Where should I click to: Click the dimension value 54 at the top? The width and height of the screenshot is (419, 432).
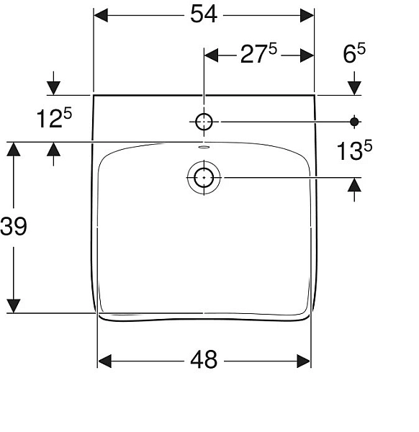tap(205, 15)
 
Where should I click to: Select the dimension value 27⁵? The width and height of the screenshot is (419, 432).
tap(258, 55)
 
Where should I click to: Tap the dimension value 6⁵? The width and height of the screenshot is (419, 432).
tap(354, 55)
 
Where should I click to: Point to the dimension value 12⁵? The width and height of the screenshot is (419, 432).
tap(55, 118)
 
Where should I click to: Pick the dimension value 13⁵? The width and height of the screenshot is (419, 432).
tap(354, 150)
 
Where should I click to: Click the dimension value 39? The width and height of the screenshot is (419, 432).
tap(14, 227)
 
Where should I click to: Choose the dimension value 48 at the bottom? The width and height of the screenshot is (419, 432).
tap(205, 359)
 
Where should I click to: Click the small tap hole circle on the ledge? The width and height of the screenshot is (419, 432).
tap(204, 121)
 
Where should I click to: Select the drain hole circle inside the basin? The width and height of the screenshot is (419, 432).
tap(204, 176)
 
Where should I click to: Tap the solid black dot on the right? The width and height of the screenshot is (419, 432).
tap(353, 121)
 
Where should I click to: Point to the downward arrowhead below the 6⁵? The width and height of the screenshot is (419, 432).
tap(354, 87)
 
